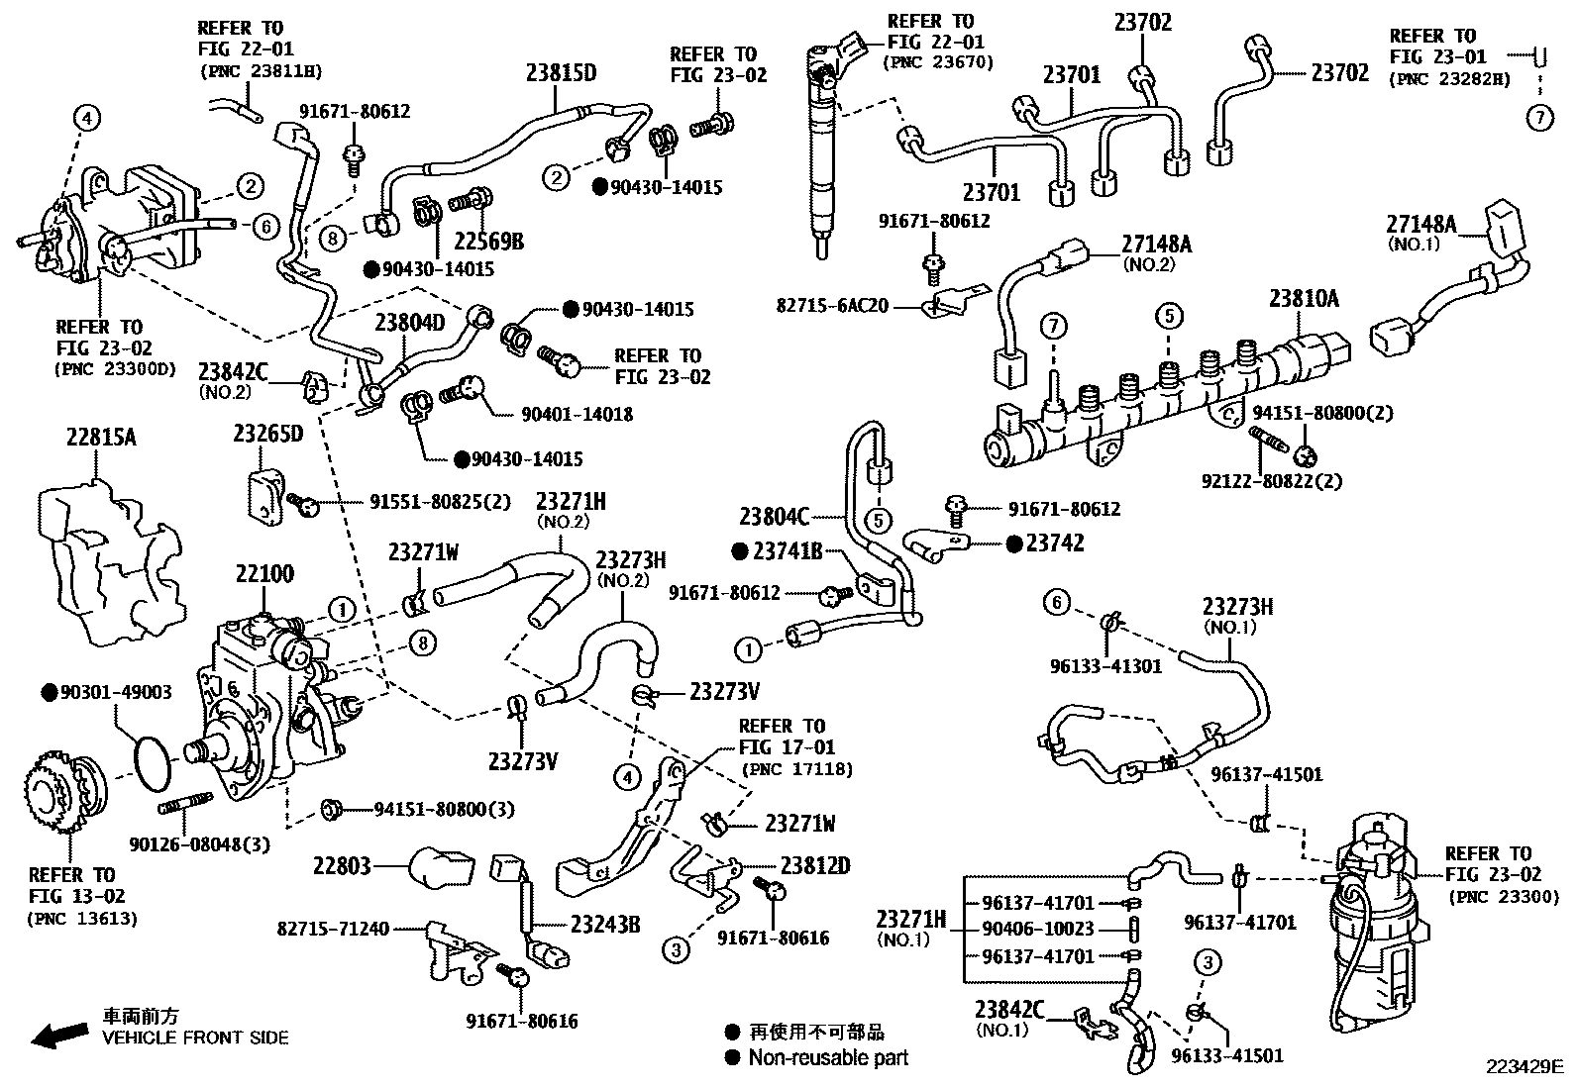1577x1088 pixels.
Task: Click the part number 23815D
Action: [562, 72]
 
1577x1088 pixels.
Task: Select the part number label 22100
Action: [264, 573]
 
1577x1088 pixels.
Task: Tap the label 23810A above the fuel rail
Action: [1305, 298]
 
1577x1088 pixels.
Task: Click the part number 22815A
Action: [101, 437]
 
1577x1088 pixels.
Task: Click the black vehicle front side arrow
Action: [57, 1036]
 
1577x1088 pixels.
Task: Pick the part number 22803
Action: [342, 866]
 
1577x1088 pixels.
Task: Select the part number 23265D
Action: [267, 434]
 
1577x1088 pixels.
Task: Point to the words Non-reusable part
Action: [828, 1057]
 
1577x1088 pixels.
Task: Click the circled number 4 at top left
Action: [87, 119]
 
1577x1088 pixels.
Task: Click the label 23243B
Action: [604, 925]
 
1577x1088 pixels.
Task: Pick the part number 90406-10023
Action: [1038, 929]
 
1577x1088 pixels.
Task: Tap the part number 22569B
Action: [489, 241]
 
